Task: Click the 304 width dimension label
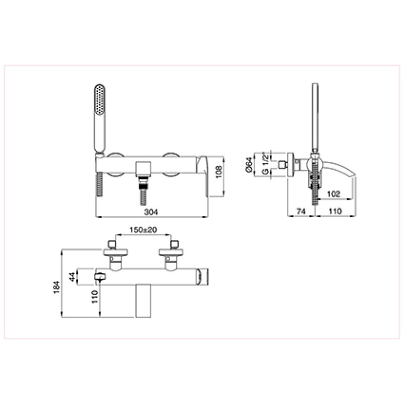(151, 212)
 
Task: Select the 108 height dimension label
(219, 172)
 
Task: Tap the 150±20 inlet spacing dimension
(143, 230)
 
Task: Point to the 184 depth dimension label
(57, 287)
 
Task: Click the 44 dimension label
(73, 277)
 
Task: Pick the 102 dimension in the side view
(334, 194)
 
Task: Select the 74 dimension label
(301, 211)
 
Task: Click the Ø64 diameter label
(249, 165)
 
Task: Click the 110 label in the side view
(335, 211)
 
